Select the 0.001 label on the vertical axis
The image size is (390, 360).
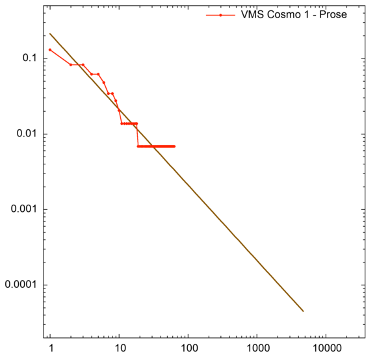[21, 210]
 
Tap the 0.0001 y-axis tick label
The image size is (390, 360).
[18, 285]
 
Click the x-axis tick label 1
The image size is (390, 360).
[50, 348]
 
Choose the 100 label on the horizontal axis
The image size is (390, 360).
[188, 348]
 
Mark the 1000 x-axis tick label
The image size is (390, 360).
[257, 348]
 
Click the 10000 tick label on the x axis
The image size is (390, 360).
[326, 348]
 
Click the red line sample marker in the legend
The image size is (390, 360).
[221, 14]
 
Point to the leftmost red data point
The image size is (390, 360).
[50, 50]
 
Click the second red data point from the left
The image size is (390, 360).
[71, 64]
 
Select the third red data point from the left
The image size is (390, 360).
[83, 64]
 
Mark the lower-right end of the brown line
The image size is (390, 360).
[304, 311]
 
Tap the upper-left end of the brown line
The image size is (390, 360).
[50, 34]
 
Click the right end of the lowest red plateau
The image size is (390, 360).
[174, 146]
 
